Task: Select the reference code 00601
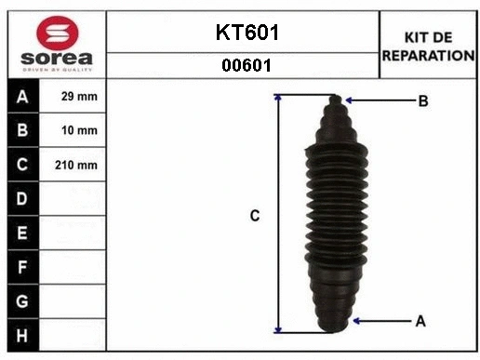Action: point(246,65)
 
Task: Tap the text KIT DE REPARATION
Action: point(428,47)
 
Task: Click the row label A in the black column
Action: point(22,97)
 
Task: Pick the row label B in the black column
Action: point(22,130)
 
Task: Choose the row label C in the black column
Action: point(22,165)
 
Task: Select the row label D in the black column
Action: point(22,198)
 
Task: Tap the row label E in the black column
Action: point(22,232)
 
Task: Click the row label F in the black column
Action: point(22,266)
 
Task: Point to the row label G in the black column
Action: point(22,300)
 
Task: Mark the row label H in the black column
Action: point(22,334)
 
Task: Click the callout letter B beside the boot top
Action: point(422,101)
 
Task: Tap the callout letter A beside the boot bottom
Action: point(420,321)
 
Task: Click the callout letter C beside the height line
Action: point(254,216)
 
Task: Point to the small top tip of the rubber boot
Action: point(337,99)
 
